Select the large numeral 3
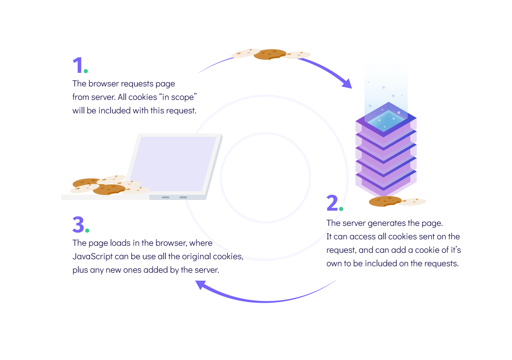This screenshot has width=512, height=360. pyautogui.click(x=78, y=225)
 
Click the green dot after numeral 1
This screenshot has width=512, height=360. pyautogui.click(x=86, y=71)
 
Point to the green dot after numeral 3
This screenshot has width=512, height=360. pyautogui.click(x=87, y=230)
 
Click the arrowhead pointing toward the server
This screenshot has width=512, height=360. pyautogui.click(x=347, y=83)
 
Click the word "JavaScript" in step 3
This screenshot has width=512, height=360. pyautogui.click(x=92, y=257)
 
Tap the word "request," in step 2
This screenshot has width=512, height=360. pyautogui.click(x=341, y=250)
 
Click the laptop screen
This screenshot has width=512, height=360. pyautogui.click(x=173, y=163)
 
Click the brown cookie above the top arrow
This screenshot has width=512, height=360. pyautogui.click(x=270, y=54)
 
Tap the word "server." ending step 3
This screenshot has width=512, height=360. pyautogui.click(x=207, y=270)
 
